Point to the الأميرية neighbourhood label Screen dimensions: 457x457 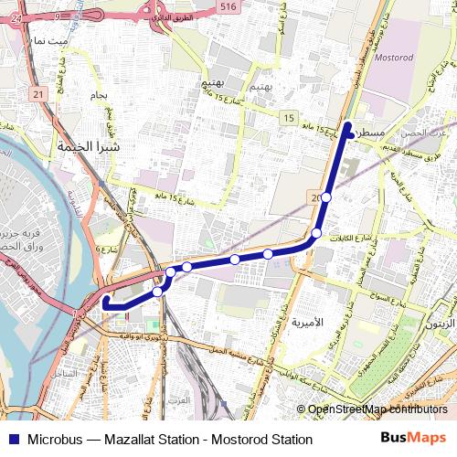pos(306,323)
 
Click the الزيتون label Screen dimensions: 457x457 pos(440,324)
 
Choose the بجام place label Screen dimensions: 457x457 pos(100,94)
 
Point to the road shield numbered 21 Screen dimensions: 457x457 pos(37,94)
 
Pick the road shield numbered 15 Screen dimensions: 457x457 pos(289,119)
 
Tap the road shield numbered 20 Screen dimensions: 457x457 pos(316,197)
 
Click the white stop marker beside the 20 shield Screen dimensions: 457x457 pos(325,197)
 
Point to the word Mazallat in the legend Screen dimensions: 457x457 pos(133,440)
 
